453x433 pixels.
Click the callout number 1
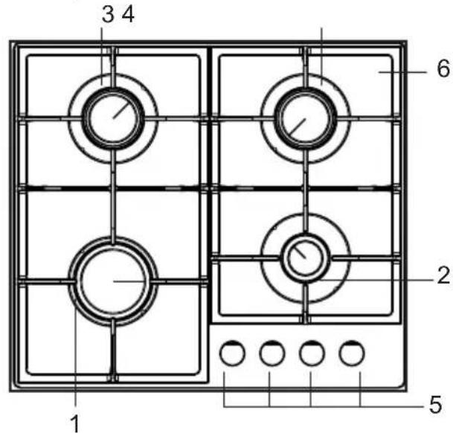(75, 424)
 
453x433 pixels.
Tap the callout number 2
(443, 275)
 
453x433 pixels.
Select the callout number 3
(108, 14)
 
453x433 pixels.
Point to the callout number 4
(128, 14)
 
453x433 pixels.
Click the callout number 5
(436, 404)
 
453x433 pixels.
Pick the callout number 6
(443, 68)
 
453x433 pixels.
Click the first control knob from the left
(232, 353)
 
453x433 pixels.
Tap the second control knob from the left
(272, 353)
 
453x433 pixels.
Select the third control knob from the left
(312, 353)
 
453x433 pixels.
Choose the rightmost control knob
(352, 353)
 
